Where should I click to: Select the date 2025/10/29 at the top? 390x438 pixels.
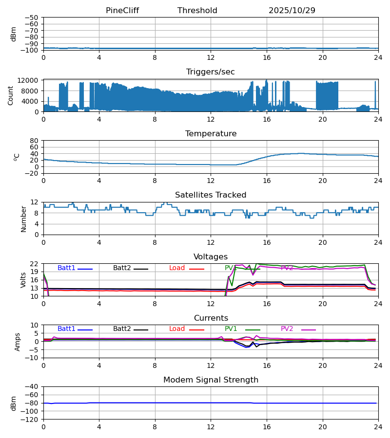(292, 11)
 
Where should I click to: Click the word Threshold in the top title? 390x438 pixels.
(197, 11)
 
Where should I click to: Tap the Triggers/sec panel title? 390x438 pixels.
(211, 72)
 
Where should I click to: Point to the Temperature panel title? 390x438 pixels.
(211, 134)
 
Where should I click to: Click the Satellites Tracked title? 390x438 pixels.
(211, 195)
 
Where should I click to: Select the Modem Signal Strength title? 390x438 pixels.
(211, 380)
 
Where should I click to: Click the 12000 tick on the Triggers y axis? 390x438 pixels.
(31, 80)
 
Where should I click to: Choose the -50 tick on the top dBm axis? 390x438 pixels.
(33, 18)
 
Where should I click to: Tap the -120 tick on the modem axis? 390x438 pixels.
(31, 420)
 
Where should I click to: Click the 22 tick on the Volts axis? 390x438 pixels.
(35, 264)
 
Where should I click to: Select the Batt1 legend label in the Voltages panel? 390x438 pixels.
(66, 268)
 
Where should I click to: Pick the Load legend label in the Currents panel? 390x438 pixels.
(177, 329)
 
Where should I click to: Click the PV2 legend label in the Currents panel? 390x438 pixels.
(287, 329)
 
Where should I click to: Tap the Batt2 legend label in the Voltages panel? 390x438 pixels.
(122, 268)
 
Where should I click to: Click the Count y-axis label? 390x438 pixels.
(11, 95)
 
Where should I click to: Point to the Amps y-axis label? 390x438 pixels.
(18, 342)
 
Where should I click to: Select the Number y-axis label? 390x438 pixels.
(24, 219)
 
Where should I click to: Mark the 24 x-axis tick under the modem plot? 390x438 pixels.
(378, 427)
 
